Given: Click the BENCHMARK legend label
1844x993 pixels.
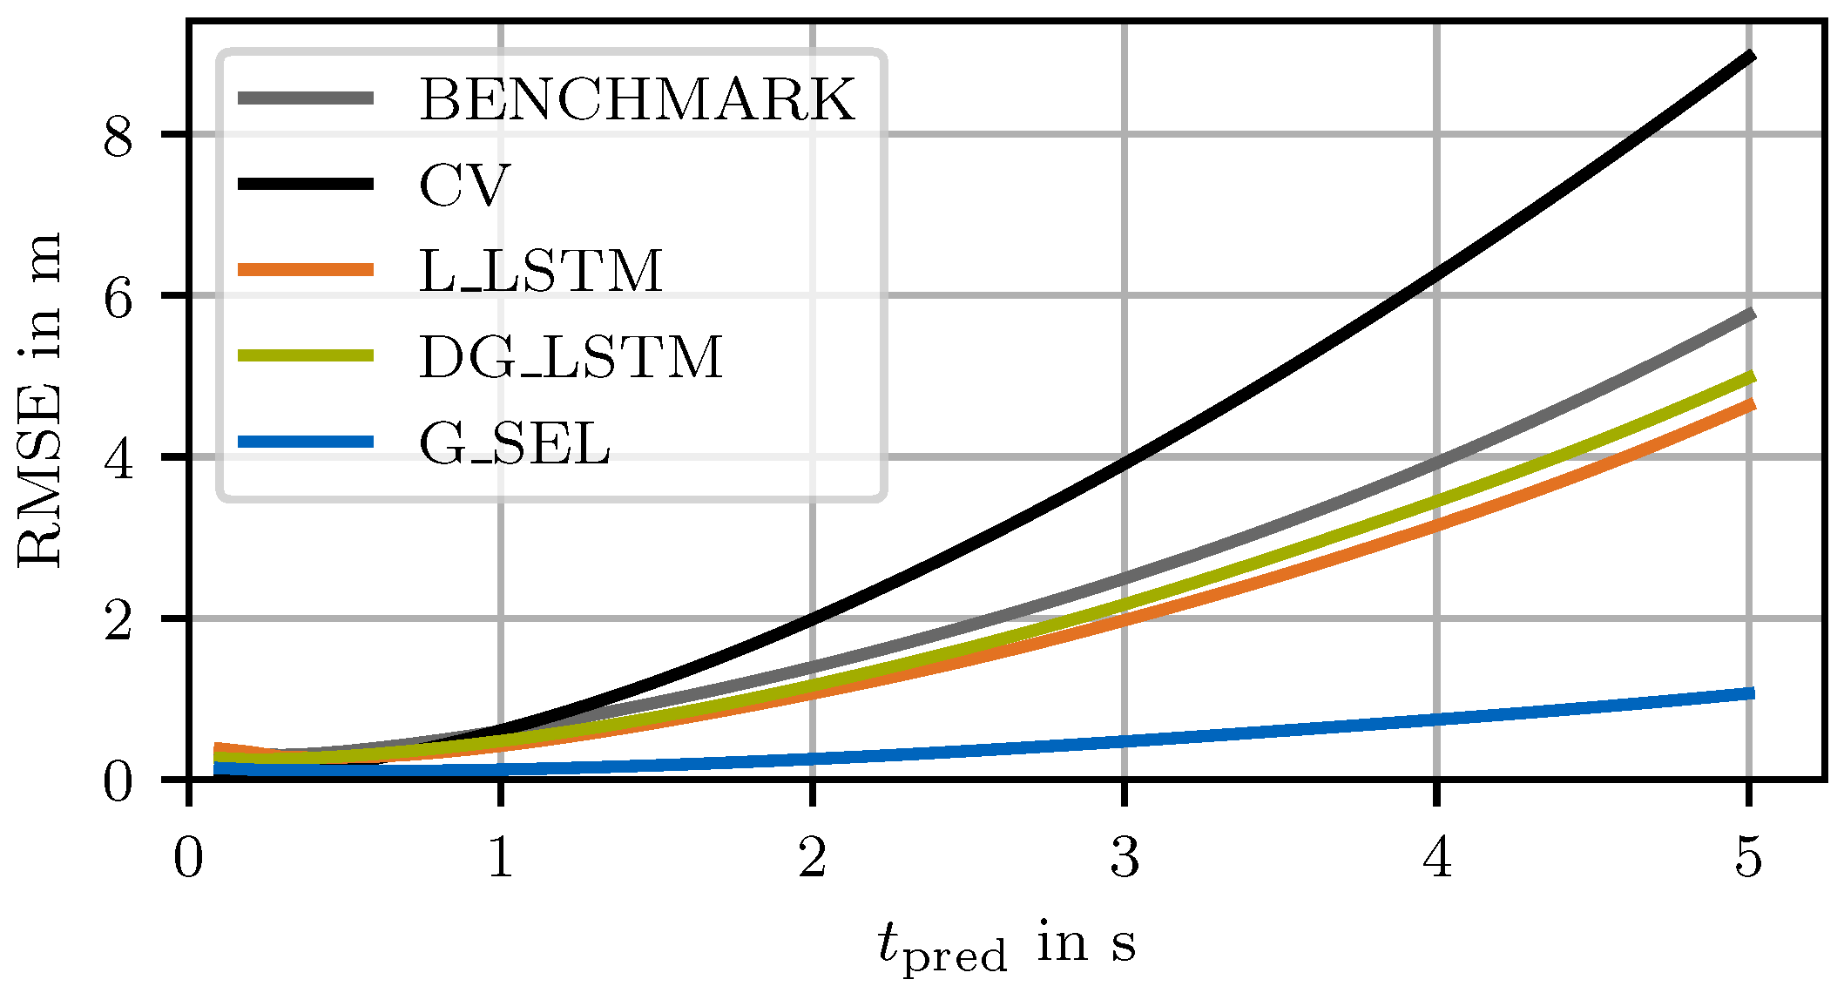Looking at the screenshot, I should (x=637, y=99).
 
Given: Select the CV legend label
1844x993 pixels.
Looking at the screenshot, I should (x=463, y=185).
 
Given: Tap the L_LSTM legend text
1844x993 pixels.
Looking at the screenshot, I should (x=541, y=271).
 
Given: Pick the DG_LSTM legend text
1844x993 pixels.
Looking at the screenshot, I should (x=571, y=357).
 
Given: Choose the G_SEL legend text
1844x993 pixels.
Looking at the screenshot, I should (x=515, y=443).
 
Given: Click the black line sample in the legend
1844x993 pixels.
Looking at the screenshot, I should (x=306, y=184).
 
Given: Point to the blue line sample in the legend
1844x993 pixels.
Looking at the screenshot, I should (x=306, y=442).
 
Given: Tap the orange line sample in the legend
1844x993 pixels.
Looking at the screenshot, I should (x=306, y=270).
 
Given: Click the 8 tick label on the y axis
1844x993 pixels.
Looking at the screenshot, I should (x=119, y=136).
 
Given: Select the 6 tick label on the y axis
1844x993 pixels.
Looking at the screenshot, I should (x=119, y=297).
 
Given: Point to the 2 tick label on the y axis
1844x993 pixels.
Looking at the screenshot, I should (x=119, y=619).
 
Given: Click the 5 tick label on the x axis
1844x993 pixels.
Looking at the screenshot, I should (x=1748, y=857).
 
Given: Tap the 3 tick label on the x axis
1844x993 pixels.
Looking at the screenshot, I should (x=1125, y=857).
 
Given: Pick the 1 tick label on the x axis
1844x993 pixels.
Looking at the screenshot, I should (x=500, y=857).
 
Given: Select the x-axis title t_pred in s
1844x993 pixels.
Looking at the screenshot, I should (x=1007, y=946).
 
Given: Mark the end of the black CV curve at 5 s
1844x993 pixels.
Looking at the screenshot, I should (x=1749, y=57).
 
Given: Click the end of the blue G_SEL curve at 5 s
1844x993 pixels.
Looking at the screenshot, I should (x=1749, y=693).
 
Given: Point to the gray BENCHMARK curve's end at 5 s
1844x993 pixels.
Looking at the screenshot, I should (x=1749, y=314).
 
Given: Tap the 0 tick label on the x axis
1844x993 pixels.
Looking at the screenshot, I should (x=188, y=857).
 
